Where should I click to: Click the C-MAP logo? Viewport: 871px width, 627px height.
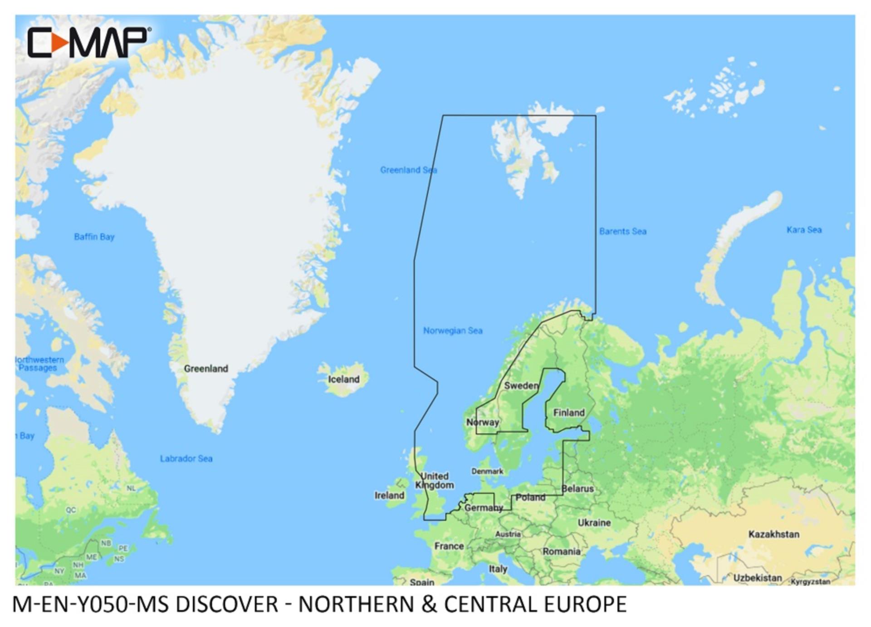pos(89,43)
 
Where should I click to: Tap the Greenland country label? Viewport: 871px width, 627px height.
pos(206,369)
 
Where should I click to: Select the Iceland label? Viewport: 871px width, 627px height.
pos(343,379)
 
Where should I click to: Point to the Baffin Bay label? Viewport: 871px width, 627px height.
pos(94,237)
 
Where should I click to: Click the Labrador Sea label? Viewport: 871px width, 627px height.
pos(186,459)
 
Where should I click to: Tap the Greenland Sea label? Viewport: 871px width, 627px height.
pos(408,170)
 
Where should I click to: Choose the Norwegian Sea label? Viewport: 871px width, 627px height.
pos(453,331)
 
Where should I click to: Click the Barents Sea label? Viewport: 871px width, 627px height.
pos(622,231)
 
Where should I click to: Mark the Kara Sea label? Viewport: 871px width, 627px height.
pos(804,230)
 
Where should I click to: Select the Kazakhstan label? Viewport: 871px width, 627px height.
pos(773,534)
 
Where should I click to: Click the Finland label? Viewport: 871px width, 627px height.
pos(569,413)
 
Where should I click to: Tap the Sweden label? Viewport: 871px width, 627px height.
pos(521,386)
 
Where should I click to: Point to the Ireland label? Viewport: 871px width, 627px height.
pos(389,495)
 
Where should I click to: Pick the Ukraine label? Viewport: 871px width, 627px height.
pos(594,523)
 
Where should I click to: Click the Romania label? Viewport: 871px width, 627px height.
pos(562,552)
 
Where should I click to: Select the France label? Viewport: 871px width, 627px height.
pos(449,546)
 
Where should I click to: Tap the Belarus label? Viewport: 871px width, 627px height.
pos(577,489)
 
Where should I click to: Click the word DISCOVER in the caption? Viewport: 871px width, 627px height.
pos(226,605)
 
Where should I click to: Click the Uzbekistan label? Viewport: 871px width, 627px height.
pos(758,578)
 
